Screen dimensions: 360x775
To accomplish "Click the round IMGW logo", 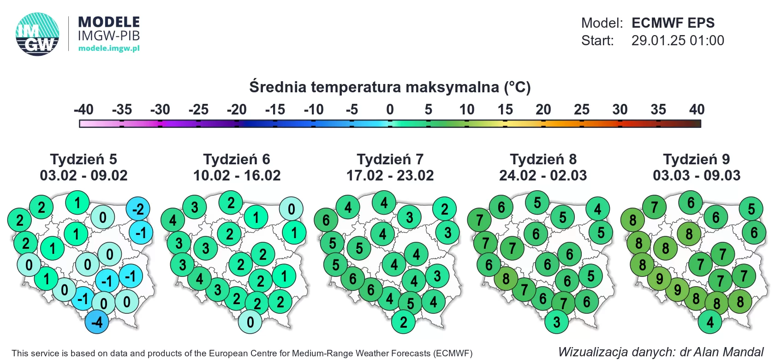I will click(x=37, y=34).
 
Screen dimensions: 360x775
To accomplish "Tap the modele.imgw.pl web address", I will click(x=109, y=48).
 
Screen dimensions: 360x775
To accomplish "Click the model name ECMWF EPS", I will click(x=673, y=23).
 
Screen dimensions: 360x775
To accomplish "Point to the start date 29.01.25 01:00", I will click(x=677, y=41).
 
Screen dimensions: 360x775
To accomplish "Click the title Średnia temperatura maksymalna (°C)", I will click(x=390, y=87).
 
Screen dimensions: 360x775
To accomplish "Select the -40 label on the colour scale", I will click(x=83, y=109).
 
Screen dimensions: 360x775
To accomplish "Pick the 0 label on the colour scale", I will click(x=390, y=109).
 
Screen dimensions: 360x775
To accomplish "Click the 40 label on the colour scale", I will click(x=697, y=109).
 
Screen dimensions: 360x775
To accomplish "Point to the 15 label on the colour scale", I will click(x=505, y=109).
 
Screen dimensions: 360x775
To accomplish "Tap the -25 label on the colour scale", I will click(x=198, y=109).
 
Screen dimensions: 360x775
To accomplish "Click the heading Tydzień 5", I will click(x=83, y=159).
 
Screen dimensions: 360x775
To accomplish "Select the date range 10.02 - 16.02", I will click(x=237, y=175).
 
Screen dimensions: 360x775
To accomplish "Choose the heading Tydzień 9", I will click(x=696, y=159).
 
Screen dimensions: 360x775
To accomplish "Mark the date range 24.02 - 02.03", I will click(x=543, y=175).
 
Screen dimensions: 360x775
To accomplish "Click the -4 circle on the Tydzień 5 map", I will click(x=97, y=322).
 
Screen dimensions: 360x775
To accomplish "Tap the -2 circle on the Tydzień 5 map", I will click(x=138, y=209).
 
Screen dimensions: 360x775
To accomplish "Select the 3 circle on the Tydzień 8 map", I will click(x=556, y=322).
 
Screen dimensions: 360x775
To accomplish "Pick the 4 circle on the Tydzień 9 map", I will click(x=710, y=322).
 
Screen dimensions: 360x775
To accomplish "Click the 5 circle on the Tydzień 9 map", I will click(x=751, y=209).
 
